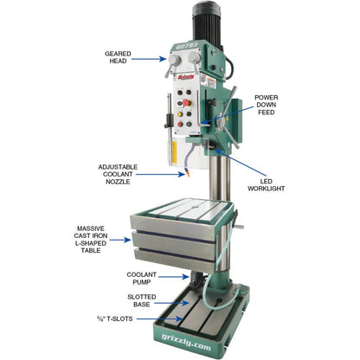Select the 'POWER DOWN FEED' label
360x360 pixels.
(266, 104)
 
